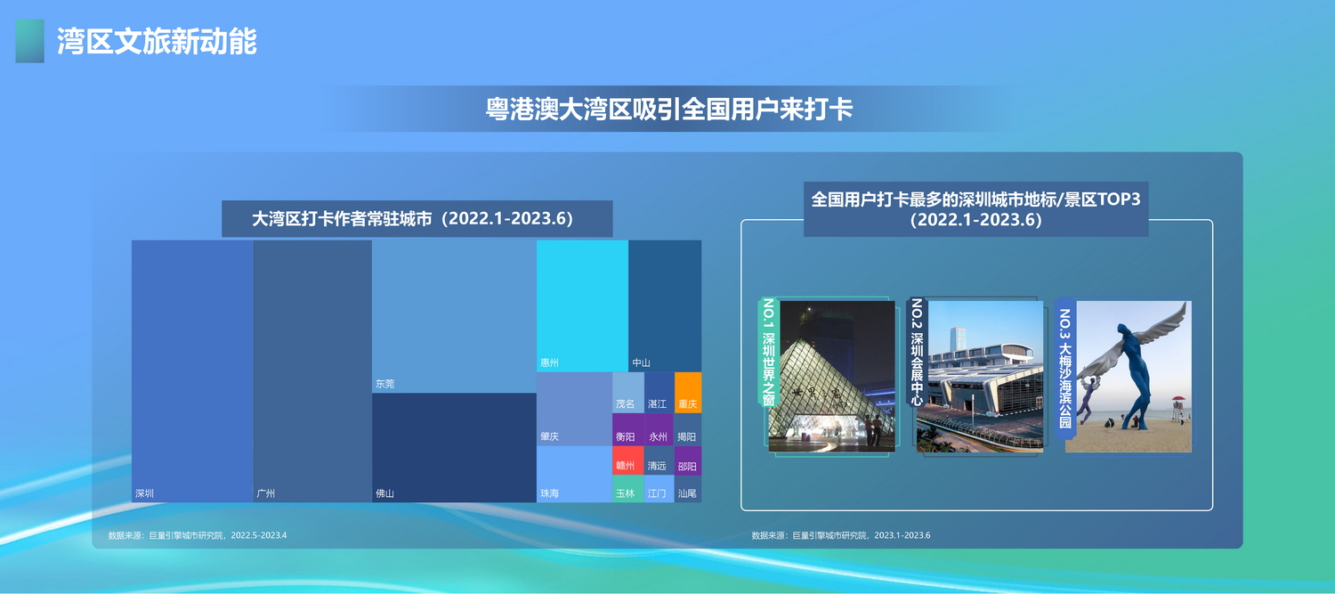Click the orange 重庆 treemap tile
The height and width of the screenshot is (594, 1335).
click(x=688, y=393)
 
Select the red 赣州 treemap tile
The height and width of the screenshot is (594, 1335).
click(x=627, y=460)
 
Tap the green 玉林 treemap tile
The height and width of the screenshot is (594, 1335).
click(x=627, y=488)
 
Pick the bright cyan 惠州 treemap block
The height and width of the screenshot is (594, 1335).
click(x=582, y=306)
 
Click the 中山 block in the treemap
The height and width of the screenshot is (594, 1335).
click(x=665, y=306)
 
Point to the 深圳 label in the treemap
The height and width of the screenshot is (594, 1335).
click(x=145, y=493)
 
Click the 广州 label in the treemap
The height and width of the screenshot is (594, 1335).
click(x=266, y=493)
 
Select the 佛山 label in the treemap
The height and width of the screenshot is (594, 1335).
click(x=385, y=493)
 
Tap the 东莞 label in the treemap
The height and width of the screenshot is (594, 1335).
click(x=385, y=384)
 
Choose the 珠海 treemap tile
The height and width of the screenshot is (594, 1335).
click(x=575, y=474)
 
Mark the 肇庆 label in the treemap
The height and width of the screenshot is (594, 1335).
click(x=549, y=436)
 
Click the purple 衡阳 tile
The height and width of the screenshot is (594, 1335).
click(x=628, y=429)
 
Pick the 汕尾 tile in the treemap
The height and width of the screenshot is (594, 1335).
click(x=688, y=488)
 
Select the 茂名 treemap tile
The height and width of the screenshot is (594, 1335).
click(x=628, y=393)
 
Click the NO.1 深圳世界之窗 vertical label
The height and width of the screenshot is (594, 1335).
click(x=769, y=353)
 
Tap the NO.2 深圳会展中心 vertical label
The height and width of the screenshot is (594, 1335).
click(x=917, y=353)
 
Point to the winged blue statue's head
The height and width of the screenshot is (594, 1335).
click(x=1123, y=329)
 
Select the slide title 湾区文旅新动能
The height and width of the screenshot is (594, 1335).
click(x=157, y=41)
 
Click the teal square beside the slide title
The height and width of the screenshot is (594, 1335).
click(x=29, y=41)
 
